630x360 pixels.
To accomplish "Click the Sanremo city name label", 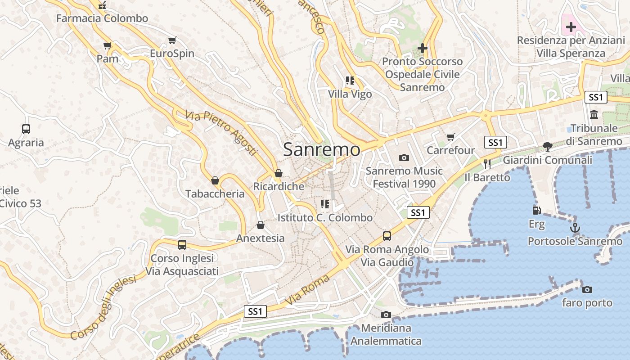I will (321, 150).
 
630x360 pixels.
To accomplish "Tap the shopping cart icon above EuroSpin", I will (172, 40).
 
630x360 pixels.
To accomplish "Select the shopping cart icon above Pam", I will (107, 45).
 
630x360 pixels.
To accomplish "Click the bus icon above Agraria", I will (26, 129).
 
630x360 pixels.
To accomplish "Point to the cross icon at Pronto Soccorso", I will (422, 48).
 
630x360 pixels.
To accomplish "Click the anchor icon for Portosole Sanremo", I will (575, 228).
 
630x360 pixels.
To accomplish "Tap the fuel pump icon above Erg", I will (536, 210).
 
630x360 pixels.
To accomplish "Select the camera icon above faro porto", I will (587, 289).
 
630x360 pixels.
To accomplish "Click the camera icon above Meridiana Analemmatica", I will (386, 315).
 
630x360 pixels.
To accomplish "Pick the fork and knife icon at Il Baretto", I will (487, 164).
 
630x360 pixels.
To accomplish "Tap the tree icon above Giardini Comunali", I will (547, 146).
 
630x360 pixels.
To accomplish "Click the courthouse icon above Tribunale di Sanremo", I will (594, 115).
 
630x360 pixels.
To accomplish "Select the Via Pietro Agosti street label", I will (221, 133).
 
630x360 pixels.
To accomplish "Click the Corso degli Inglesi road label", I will (103, 308).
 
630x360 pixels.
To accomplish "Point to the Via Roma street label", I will (307, 289).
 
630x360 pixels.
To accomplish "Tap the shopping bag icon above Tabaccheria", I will (215, 180).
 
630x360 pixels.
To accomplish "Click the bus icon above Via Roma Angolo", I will (387, 236).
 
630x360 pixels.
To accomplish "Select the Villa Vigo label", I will (350, 94).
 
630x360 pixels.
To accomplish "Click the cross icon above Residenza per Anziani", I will (571, 27).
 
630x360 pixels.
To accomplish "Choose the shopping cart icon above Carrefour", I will (450, 137).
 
